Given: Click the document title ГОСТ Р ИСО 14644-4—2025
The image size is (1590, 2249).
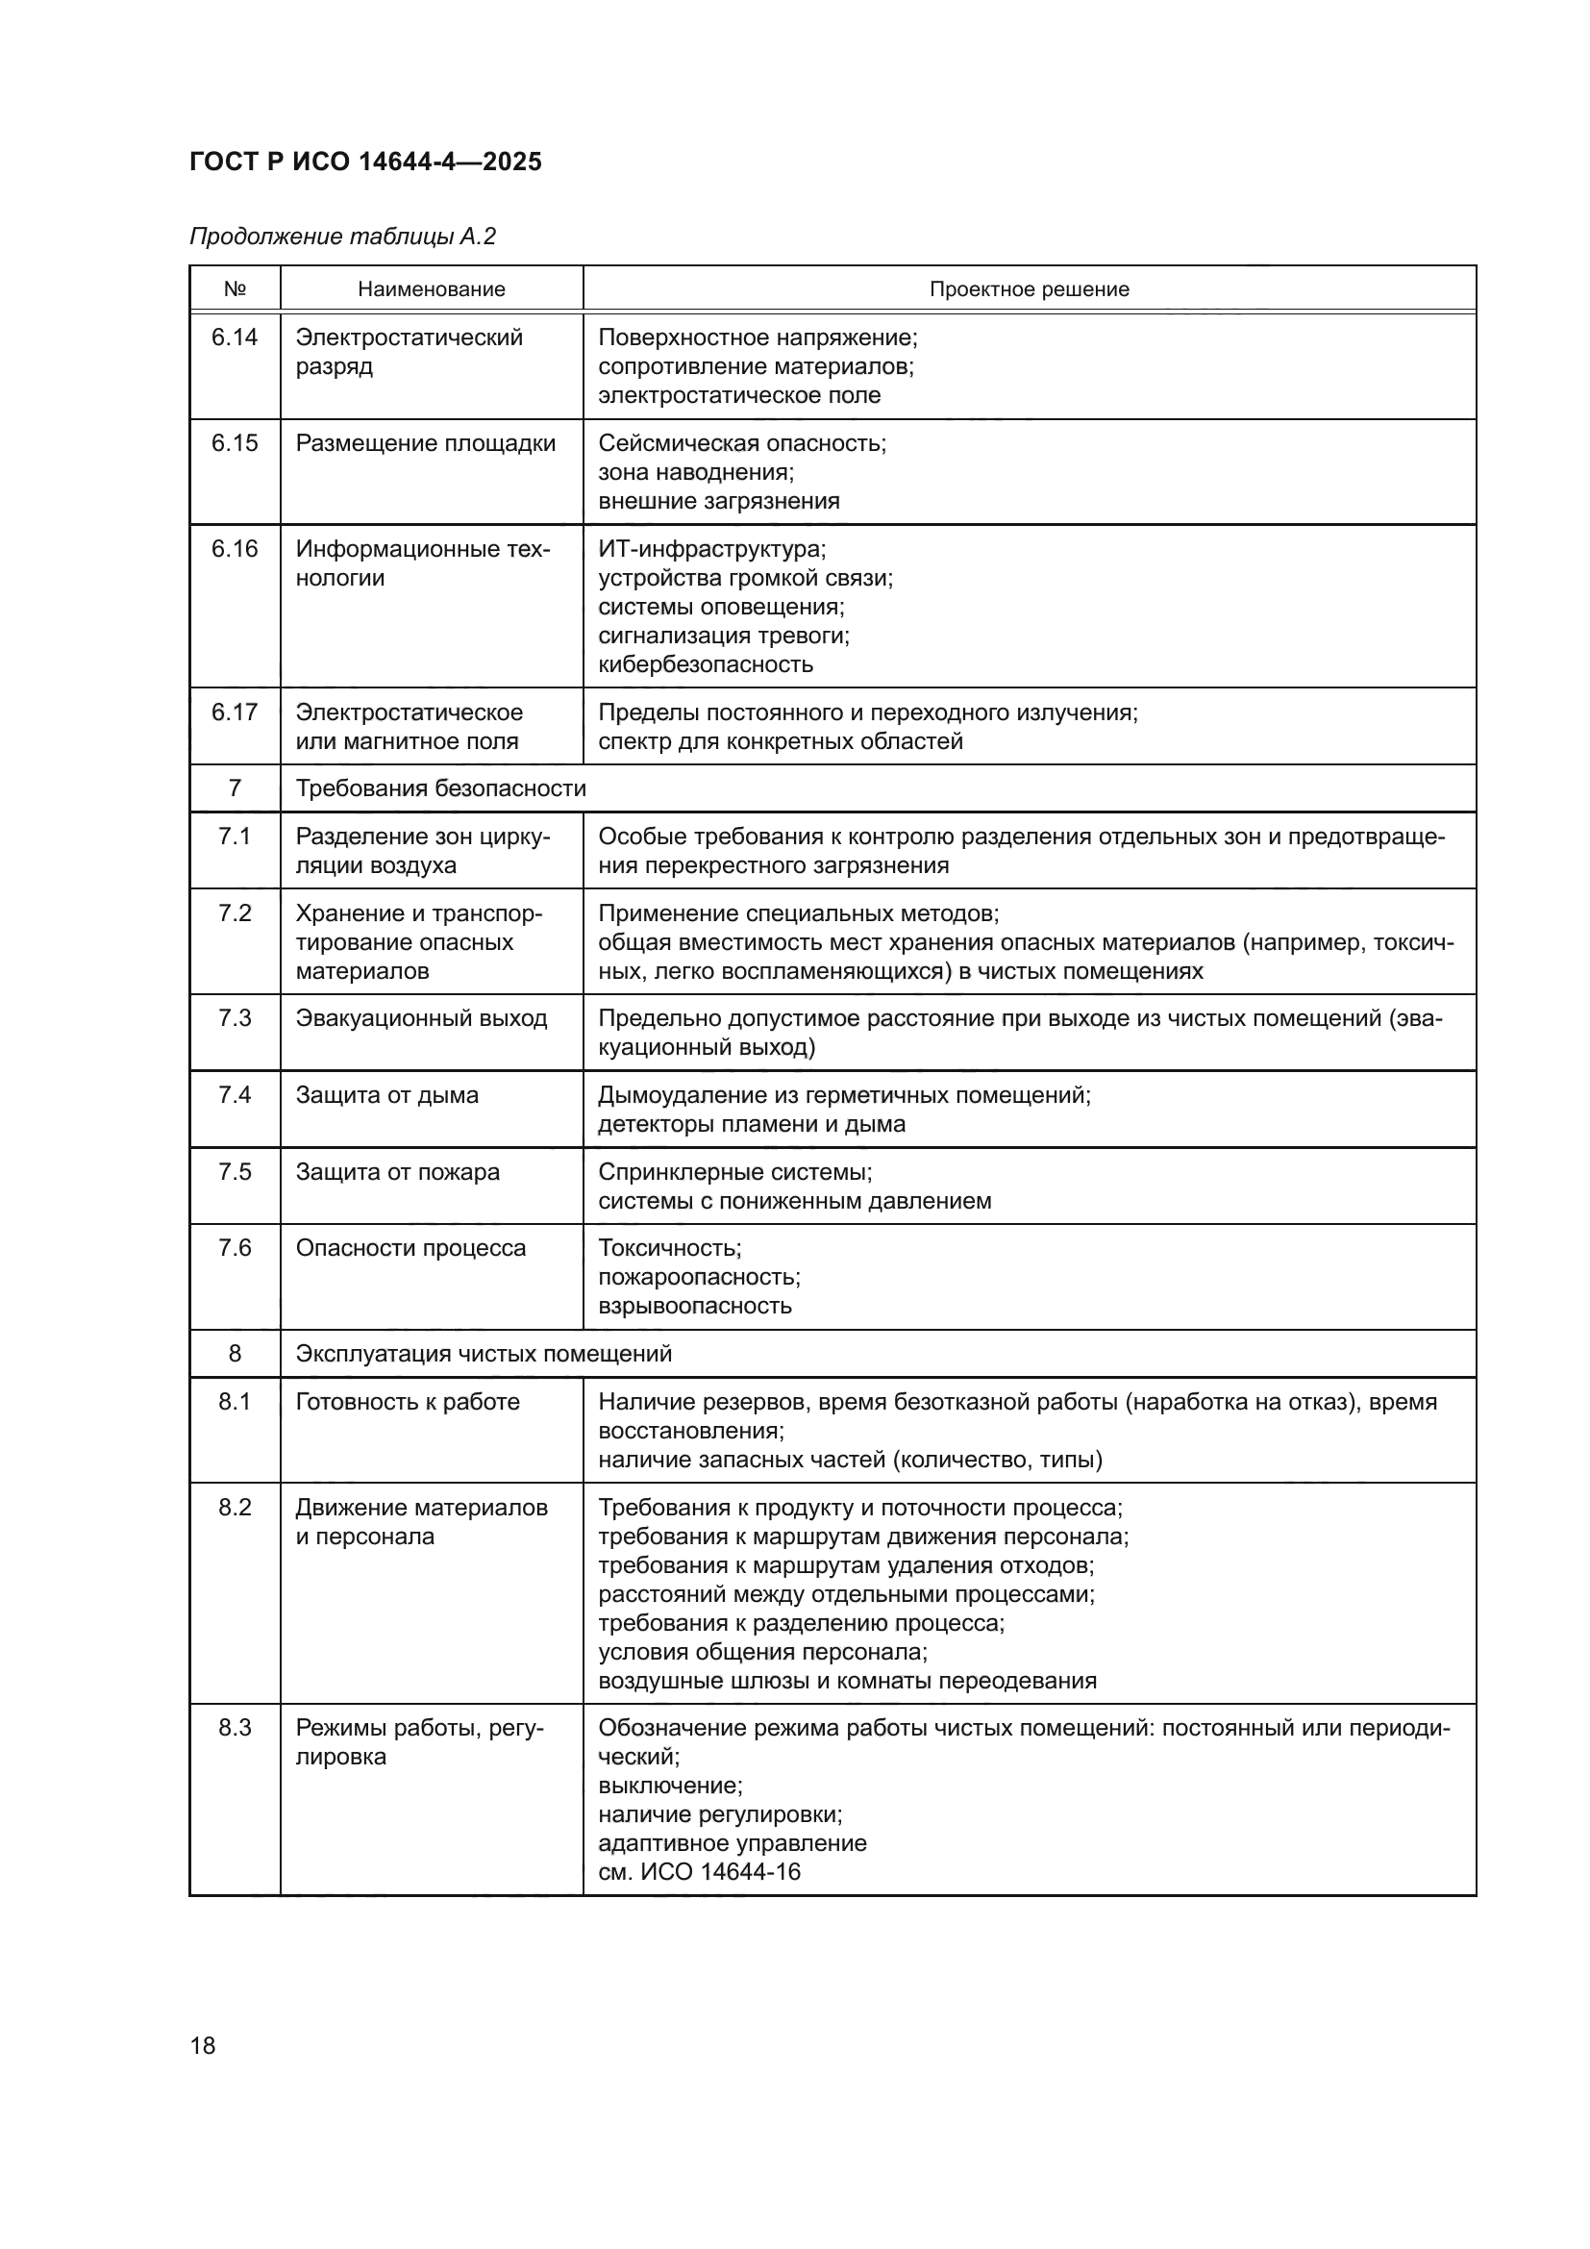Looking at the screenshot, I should [365, 162].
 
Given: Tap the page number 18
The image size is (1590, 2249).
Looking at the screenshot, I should [203, 2045].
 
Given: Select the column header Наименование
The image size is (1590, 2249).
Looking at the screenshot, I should [431, 289].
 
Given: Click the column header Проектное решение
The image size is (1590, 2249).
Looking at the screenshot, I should [1029, 289].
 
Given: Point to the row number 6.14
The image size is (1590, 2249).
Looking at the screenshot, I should [235, 337].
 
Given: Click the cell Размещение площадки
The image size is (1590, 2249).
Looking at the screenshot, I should [426, 443].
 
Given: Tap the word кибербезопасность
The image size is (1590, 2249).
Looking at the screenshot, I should [706, 664].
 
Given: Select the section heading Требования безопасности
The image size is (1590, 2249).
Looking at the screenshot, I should [440, 788].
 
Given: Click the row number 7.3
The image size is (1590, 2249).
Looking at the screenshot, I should [235, 1018].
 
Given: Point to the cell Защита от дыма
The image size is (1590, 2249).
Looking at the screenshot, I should [387, 1095].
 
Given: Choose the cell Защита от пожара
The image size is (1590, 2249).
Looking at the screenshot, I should [398, 1172].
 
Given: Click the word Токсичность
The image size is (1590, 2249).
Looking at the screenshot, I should [670, 1248].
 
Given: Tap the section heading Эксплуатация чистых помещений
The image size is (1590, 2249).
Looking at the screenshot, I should [484, 1354].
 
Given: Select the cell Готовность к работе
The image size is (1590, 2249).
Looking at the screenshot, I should [408, 1402].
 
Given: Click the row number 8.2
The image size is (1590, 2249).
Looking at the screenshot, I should [235, 1508].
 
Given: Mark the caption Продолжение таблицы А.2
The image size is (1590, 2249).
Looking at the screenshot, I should [342, 237].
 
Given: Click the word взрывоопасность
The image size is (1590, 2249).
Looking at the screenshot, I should [695, 1306].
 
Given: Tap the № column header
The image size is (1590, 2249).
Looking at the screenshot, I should [235, 289].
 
